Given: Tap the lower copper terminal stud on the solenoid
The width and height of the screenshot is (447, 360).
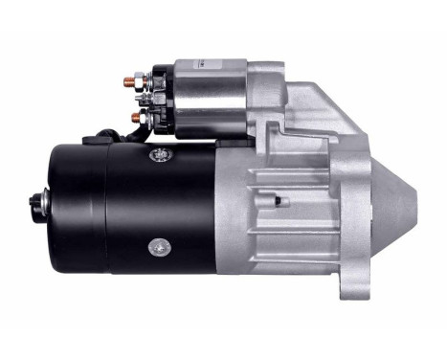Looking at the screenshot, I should (x=135, y=117).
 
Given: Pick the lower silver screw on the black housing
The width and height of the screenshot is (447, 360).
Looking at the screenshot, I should (x=156, y=246).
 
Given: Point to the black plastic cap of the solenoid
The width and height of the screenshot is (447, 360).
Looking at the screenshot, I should (x=162, y=99).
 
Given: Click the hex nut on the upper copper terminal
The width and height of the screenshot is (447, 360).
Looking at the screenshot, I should (x=142, y=82).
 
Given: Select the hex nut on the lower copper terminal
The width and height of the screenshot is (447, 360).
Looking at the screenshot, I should (x=143, y=117).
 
